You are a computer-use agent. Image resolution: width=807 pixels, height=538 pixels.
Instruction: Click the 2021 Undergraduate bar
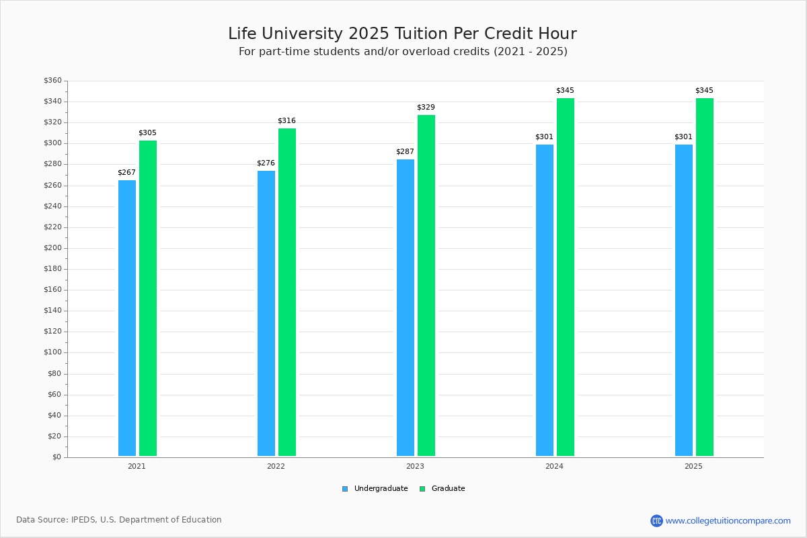(127, 317)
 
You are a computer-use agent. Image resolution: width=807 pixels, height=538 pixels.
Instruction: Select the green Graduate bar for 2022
(287, 292)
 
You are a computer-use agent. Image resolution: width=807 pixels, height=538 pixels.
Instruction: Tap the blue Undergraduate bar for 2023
(406, 307)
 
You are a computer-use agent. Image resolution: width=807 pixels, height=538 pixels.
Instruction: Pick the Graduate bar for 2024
(566, 276)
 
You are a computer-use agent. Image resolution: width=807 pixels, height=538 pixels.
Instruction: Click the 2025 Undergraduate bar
(684, 300)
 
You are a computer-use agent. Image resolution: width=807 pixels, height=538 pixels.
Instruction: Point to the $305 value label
(147, 133)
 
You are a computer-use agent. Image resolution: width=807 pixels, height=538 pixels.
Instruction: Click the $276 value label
(266, 163)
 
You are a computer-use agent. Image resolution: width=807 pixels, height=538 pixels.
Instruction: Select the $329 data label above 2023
(426, 108)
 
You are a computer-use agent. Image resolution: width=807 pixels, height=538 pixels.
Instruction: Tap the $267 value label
(126, 173)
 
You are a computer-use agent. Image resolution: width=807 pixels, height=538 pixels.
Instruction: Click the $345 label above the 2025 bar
(704, 91)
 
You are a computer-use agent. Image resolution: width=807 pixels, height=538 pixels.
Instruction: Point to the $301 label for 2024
(544, 137)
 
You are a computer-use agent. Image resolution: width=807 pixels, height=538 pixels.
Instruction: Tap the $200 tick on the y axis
(52, 248)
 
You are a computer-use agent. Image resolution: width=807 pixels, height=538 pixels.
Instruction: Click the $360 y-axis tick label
(52, 81)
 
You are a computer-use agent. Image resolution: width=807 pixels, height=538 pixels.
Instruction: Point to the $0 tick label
(56, 457)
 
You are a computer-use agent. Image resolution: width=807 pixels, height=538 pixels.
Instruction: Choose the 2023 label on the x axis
(415, 466)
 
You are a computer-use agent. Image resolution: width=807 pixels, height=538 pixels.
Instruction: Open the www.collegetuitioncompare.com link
(728, 521)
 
